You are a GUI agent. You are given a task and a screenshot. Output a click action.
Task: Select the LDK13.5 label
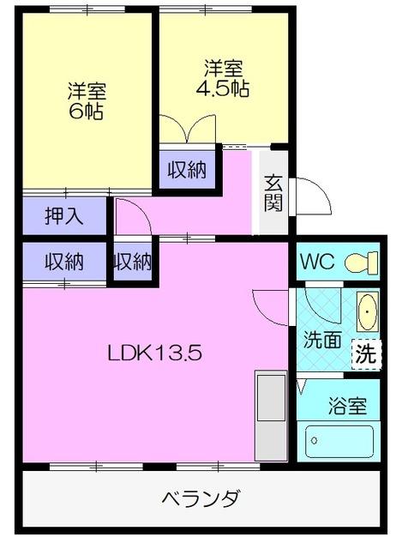[154, 353]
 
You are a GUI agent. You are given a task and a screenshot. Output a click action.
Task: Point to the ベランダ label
[201, 498]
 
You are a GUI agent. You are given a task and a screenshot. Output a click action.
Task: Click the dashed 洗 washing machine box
[365, 353]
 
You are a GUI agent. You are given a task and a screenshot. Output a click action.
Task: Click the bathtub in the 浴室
[340, 442]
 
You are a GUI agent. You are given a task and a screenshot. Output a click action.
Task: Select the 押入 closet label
[64, 215]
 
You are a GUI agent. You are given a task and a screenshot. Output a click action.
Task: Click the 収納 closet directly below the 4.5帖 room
[186, 170]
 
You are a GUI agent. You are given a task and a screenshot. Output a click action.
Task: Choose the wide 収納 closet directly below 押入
[64, 262]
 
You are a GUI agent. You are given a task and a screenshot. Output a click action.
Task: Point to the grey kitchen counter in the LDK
[271, 416]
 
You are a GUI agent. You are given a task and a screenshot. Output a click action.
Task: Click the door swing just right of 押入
[131, 216]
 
